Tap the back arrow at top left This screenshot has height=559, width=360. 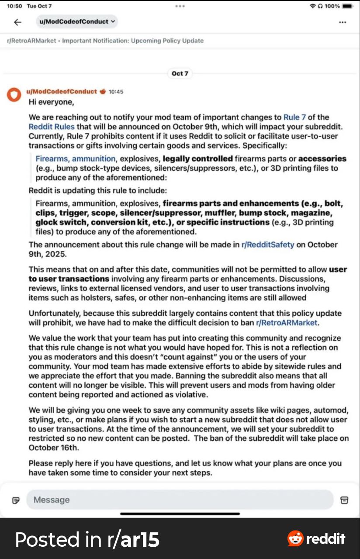point(17,22)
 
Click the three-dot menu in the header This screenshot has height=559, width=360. point(343,22)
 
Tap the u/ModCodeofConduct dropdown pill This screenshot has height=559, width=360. point(77,21)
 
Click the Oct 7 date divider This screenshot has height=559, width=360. point(180,73)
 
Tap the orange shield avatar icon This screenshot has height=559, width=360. point(14,94)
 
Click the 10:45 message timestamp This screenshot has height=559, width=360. point(116,92)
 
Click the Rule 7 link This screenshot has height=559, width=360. point(298,117)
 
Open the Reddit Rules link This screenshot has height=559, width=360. point(52,127)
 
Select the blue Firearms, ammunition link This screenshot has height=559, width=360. point(76,159)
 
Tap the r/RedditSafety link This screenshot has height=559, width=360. point(268,245)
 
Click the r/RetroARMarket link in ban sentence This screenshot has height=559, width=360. point(287,323)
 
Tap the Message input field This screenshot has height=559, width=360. point(179,500)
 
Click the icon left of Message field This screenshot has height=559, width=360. point(16,500)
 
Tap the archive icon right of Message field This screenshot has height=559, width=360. point(344,500)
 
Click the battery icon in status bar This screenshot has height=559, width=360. point(348,6)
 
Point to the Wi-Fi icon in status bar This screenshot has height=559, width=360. point(312,6)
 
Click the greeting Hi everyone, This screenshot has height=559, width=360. point(52,102)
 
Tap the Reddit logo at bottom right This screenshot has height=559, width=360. point(316,539)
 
